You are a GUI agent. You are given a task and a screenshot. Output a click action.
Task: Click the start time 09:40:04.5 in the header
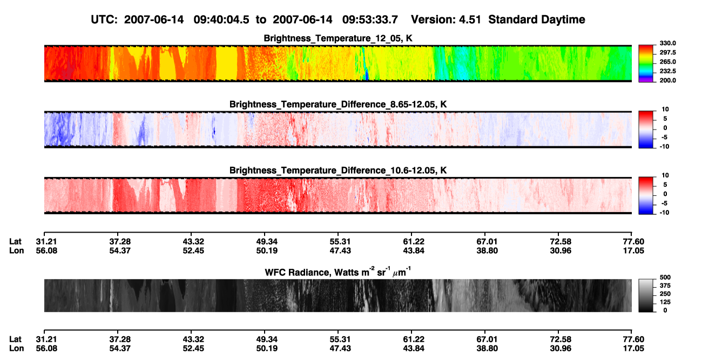click(221, 20)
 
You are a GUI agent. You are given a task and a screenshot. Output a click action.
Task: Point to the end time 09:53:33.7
click(370, 20)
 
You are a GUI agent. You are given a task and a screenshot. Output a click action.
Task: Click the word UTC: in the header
click(104, 20)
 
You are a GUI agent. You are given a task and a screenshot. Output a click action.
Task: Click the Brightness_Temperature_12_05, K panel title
click(338, 38)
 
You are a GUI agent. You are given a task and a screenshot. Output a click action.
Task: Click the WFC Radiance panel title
click(338, 272)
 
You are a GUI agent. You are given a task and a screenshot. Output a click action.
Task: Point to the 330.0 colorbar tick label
click(667, 43)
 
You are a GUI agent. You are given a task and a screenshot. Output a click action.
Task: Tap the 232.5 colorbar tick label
click(667, 71)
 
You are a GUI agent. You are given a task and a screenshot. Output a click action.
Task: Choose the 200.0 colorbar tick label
click(667, 80)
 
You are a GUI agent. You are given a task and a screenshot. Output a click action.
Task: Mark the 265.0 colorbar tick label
click(667, 62)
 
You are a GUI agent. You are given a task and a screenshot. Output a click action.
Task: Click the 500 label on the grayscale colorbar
click(665, 277)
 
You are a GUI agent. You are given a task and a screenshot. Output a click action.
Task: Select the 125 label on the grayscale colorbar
click(665, 302)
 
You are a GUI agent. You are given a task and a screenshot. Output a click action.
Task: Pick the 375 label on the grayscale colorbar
click(665, 286)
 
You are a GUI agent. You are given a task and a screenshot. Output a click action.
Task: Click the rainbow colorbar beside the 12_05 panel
click(646, 64)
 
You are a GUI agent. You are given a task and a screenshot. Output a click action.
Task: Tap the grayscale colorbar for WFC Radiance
click(646, 295)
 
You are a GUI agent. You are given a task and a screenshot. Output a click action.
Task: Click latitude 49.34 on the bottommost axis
click(267, 339)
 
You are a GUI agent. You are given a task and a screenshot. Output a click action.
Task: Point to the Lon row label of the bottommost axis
click(16, 349)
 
